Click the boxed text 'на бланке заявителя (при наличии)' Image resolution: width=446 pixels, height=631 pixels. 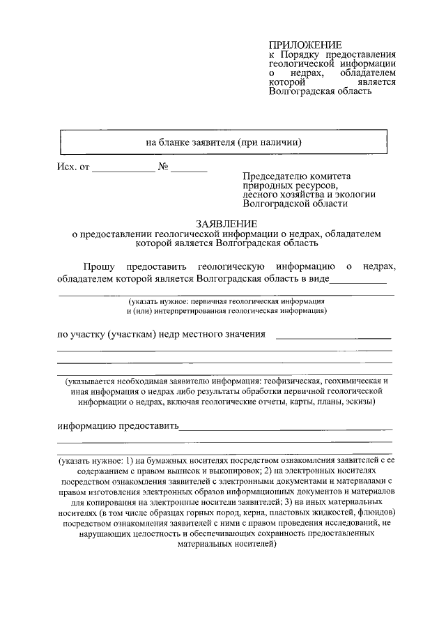pos(223,142)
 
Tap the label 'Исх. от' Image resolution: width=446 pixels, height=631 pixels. pos(72,168)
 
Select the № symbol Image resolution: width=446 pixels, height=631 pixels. pos(164,168)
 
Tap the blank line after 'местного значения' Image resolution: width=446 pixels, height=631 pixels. pos(334,337)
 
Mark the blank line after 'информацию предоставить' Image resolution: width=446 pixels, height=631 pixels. pos(286,428)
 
